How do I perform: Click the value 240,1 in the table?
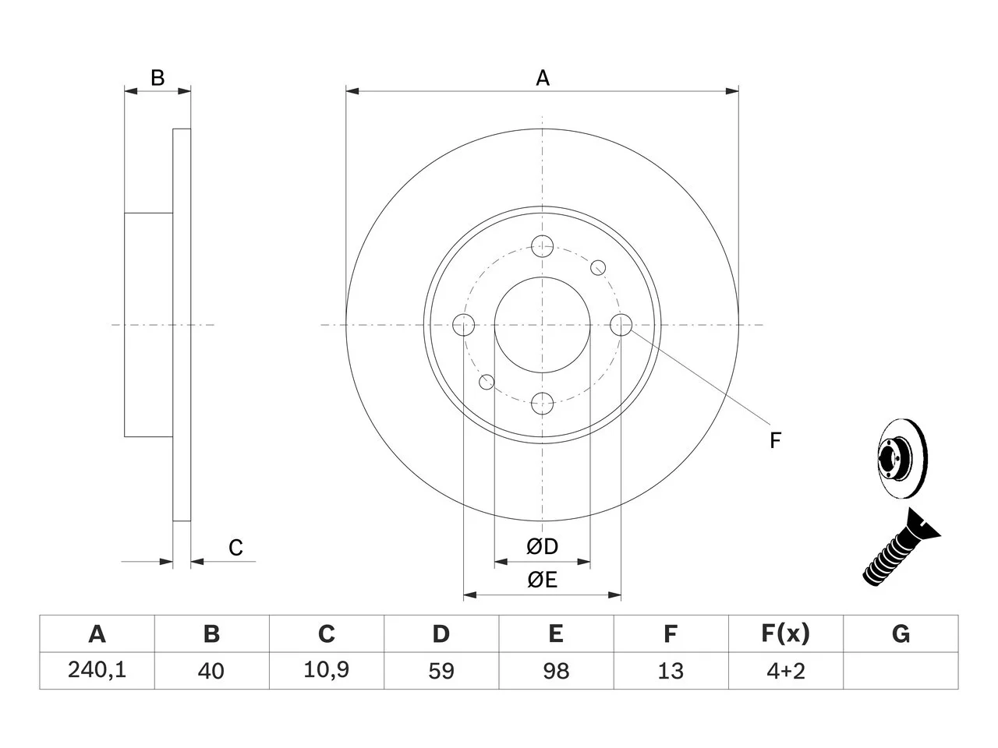(x=97, y=670)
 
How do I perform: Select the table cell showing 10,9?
(x=326, y=670)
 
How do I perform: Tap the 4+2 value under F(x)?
(x=785, y=671)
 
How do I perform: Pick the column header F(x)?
(x=785, y=633)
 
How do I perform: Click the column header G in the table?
(x=901, y=633)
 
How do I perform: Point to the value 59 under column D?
(x=441, y=671)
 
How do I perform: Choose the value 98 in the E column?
(x=556, y=671)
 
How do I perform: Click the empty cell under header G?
(x=901, y=670)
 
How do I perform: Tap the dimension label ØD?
(x=542, y=546)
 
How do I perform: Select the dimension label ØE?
(x=542, y=580)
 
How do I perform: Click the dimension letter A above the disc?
(x=543, y=78)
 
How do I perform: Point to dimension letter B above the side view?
(x=157, y=78)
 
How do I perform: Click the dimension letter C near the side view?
(x=235, y=548)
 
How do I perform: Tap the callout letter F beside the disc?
(x=775, y=440)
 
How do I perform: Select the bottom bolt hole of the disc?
(x=542, y=404)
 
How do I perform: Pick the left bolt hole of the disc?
(x=464, y=325)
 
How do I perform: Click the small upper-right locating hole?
(x=598, y=268)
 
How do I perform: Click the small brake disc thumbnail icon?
(x=903, y=458)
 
